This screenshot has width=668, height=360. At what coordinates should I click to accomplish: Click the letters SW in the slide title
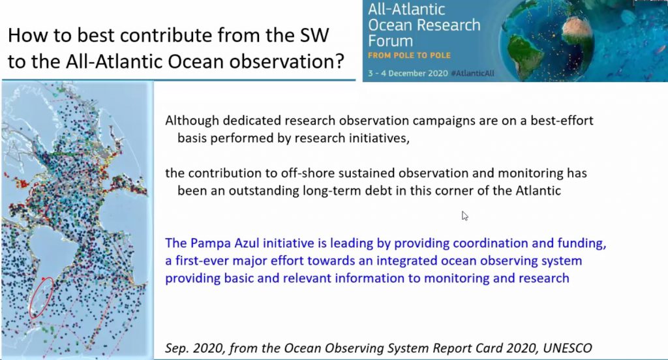[315, 35]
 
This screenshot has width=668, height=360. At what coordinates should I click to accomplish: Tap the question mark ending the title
[339, 61]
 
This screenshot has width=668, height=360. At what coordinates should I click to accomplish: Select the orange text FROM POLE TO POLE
[409, 55]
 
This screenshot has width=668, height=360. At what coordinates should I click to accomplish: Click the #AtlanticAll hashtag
[472, 73]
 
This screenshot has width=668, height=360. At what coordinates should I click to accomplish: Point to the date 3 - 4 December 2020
[408, 73]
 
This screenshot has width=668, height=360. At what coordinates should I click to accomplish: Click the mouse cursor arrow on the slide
[464, 216]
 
